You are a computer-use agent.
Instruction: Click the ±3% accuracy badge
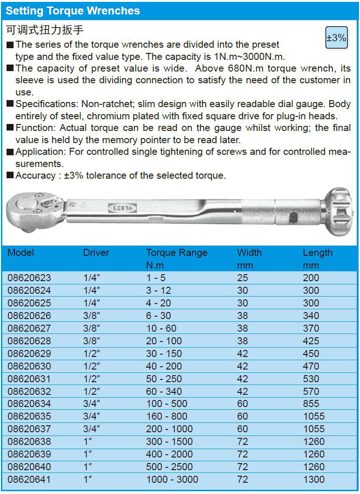336,38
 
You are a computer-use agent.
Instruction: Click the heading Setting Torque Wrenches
73,11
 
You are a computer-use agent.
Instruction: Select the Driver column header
96,253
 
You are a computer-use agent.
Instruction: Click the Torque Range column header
176,253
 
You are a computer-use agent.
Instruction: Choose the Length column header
317,253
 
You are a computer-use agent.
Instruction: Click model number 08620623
29,278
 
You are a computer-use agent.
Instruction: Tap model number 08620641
29,479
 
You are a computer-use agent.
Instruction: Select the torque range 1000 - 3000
172,479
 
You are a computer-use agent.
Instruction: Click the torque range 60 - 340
164,392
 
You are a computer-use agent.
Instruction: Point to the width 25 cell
242,278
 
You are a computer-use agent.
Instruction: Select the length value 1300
313,479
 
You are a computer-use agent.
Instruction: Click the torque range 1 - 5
156,278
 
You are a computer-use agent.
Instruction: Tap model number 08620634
29,404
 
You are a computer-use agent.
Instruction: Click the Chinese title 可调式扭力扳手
45,30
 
